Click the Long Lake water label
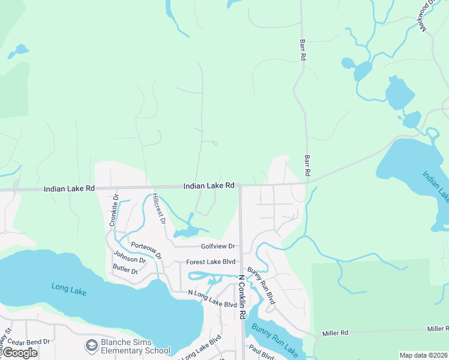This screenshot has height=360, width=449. click(69, 289)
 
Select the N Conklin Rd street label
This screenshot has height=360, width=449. click(243, 297)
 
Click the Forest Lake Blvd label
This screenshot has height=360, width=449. click(211, 262)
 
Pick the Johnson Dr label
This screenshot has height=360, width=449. click(130, 260)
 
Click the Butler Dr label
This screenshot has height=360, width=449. click(125, 271)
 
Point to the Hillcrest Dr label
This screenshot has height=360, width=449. click(158, 208)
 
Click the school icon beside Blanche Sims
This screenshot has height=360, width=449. click(91, 346)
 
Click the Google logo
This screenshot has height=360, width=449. click(20, 352)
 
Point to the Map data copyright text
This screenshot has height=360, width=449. click(423, 355)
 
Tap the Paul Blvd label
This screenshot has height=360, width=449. click(262, 351)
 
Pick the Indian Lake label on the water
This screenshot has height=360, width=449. click(435, 187)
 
